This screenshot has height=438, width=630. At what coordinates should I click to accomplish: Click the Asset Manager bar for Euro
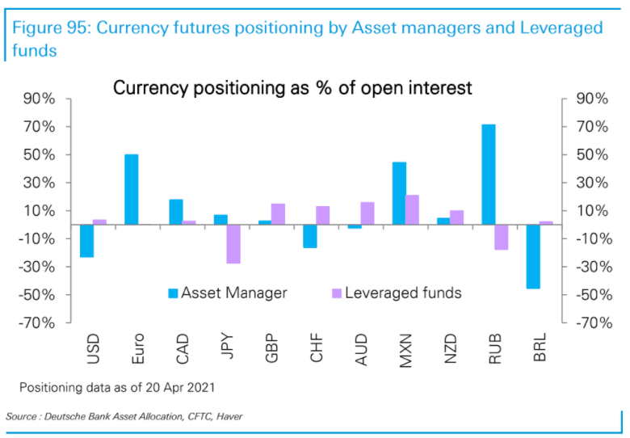pyautogui.click(x=131, y=189)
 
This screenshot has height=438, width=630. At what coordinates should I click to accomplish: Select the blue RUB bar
pyautogui.click(x=488, y=174)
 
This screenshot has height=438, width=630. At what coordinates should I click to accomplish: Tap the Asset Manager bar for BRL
pyautogui.click(x=533, y=256)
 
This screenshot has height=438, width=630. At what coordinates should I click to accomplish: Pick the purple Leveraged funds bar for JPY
pyautogui.click(x=233, y=244)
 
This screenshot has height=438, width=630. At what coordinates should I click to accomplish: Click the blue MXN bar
pyautogui.click(x=399, y=193)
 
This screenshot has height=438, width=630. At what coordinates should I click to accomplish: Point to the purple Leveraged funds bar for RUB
pyautogui.click(x=502, y=237)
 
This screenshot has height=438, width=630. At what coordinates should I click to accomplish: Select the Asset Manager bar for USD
pyautogui.click(x=86, y=241)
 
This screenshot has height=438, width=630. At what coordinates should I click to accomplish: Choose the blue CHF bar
pyautogui.click(x=309, y=236)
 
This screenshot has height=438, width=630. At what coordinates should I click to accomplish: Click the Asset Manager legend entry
pyautogui.click(x=226, y=293)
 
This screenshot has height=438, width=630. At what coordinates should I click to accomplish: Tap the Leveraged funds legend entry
pyautogui.click(x=395, y=293)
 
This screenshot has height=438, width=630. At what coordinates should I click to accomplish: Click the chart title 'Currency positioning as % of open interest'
pyautogui.click(x=292, y=87)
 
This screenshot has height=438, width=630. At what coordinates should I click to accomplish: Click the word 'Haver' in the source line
pyautogui.click(x=227, y=416)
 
